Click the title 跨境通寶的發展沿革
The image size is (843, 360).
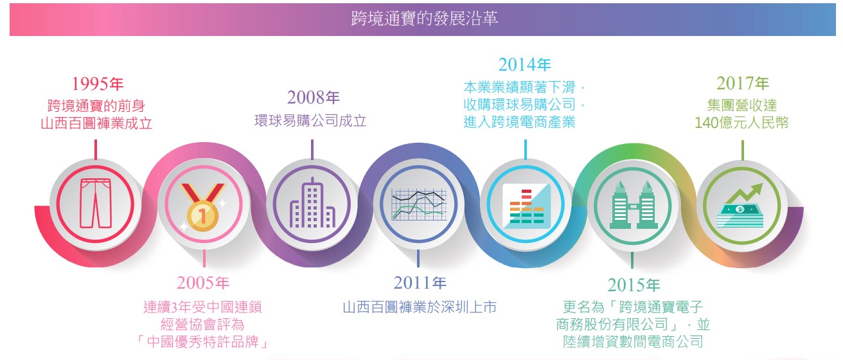425,18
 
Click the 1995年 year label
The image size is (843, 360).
97,84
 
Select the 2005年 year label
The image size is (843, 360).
202,283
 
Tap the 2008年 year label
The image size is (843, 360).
313,98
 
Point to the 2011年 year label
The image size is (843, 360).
420,283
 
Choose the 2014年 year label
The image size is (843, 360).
524,64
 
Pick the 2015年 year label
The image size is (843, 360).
633,285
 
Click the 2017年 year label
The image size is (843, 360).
742,84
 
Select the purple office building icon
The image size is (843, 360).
312,203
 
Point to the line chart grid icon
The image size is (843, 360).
419,204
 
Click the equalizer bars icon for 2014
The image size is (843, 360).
526,204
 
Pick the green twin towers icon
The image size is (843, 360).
632,204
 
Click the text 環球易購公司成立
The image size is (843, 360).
310,121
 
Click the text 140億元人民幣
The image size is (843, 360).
741,122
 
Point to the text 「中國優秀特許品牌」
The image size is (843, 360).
202,341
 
